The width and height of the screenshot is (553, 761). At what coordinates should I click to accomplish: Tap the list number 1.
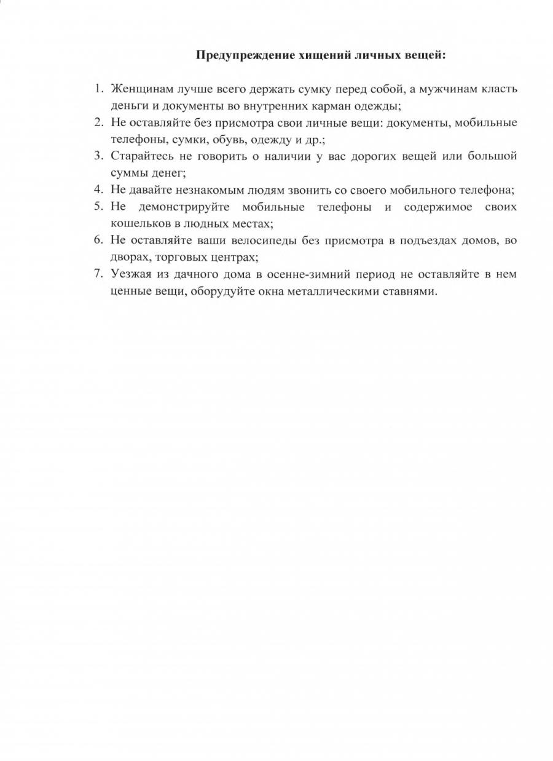click(98, 89)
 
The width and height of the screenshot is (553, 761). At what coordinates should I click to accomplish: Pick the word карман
click(340, 106)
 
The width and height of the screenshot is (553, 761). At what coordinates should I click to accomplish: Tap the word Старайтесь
click(142, 156)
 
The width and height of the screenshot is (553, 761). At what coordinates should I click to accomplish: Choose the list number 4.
click(98, 189)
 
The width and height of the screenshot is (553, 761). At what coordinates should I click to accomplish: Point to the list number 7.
click(98, 274)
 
